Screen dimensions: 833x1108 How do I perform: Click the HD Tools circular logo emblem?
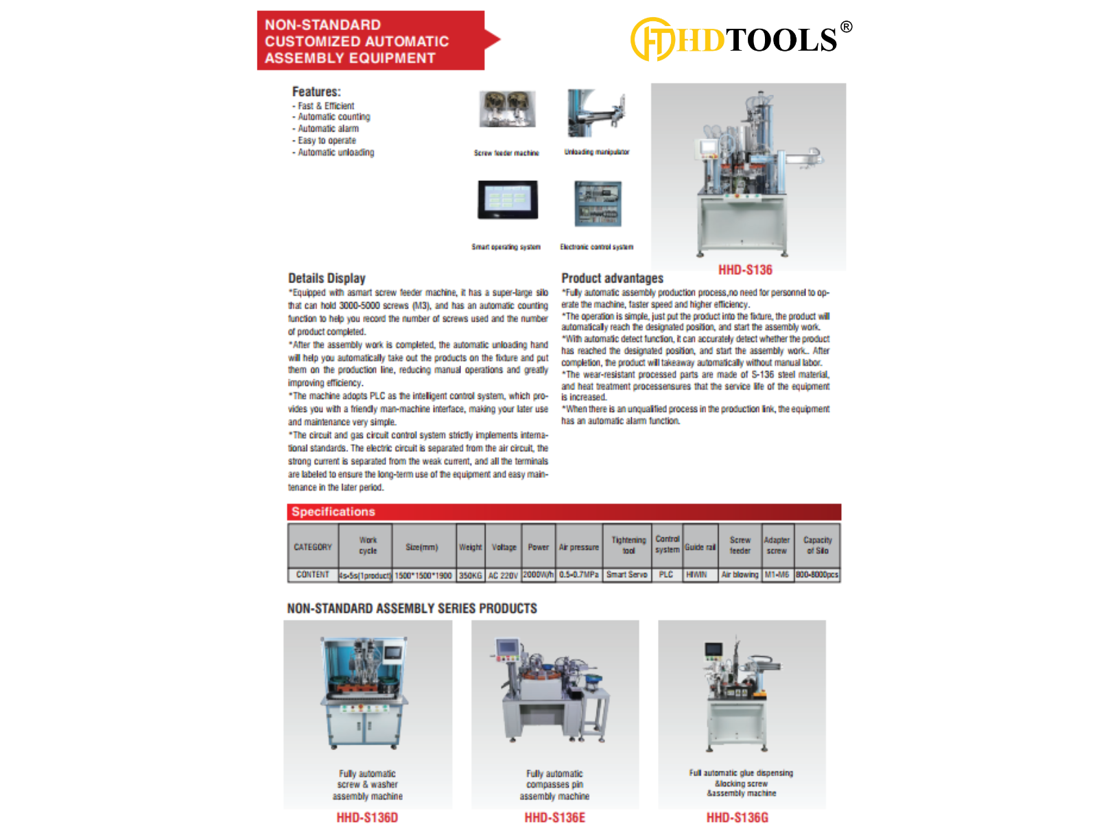coord(652,39)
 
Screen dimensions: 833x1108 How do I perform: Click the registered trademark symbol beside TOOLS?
coord(846,27)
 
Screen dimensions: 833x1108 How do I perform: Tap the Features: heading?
coord(316,92)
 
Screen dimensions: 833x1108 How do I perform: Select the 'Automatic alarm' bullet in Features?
coord(328,129)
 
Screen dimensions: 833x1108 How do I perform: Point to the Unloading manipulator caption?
coord(596,152)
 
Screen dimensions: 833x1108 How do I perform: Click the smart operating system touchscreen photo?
coord(507,200)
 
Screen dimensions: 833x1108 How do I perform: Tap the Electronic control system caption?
coord(596,247)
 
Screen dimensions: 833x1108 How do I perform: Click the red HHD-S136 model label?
coord(745,270)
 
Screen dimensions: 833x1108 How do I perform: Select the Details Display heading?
coord(327,278)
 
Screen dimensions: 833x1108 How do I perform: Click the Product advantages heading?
coord(612,278)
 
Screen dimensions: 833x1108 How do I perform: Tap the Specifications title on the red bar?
coord(333,512)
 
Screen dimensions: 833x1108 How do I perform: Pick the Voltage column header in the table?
coord(504,547)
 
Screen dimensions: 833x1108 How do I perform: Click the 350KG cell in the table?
coord(471,575)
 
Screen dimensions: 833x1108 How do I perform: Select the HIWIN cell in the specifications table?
coord(696,575)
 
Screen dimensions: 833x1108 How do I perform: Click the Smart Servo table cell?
coord(626,575)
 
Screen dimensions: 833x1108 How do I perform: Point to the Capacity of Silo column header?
coord(817,546)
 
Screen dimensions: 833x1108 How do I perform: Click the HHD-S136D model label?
coord(367,817)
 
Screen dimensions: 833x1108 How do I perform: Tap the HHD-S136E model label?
coord(554,817)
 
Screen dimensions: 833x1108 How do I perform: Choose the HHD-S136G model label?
coord(737,817)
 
